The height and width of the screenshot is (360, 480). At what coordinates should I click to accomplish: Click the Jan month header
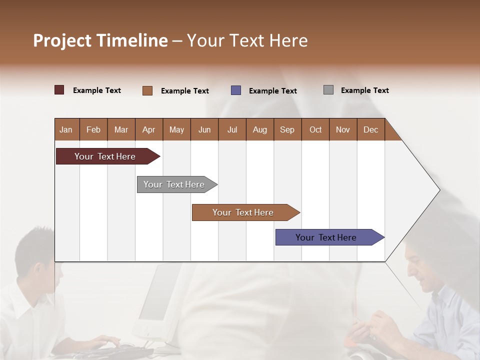pos(66,129)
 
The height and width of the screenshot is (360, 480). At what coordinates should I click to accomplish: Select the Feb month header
pos(93,129)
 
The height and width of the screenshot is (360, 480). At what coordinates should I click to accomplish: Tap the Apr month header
pos(148,129)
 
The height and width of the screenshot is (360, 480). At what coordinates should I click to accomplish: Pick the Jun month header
pos(204,129)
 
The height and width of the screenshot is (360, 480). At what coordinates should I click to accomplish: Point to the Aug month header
pos(259,129)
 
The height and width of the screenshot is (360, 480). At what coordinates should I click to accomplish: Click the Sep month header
pos(287,129)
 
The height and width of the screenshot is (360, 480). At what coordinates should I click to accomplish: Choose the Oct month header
pos(315,129)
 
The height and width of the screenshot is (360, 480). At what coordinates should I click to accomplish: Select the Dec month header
pos(370,129)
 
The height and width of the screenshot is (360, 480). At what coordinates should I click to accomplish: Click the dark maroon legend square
pos(59,90)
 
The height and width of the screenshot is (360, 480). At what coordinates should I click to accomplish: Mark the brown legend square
pos(147,90)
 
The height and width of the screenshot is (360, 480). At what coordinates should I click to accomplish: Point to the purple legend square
pos(236,90)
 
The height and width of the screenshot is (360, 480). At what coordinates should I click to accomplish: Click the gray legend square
pos(328,90)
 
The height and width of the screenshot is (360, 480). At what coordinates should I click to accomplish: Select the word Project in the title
pos(62,40)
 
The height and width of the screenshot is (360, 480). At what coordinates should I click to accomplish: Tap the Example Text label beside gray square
pos(364,90)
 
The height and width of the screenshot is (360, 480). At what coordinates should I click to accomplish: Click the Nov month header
pos(343,129)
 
